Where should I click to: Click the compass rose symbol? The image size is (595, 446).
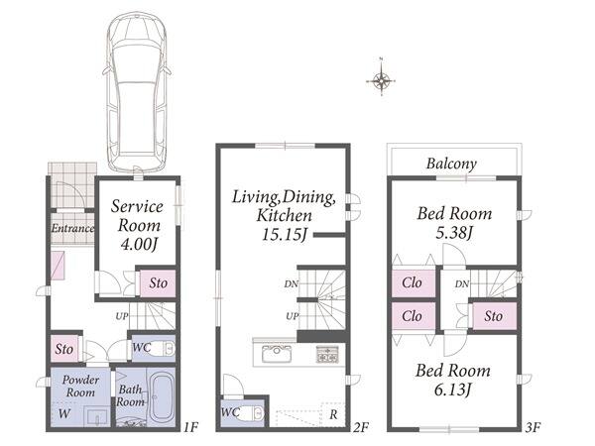pos(381,80)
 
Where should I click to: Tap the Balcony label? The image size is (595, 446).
pos(451,164)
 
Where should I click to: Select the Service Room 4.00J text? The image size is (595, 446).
pos(138,225)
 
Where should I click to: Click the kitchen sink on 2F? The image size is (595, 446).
pos(277,354)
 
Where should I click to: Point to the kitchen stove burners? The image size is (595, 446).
pos(326,354)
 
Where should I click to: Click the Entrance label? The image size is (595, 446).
pos(72,228)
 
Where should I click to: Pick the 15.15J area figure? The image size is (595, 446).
pos(285,234)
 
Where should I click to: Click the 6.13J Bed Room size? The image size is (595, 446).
pos(453,390)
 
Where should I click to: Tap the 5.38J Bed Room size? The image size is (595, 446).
pos(454,233)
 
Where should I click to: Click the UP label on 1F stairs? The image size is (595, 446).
pos(122,315)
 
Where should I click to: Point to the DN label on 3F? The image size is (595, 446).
pos(462,283)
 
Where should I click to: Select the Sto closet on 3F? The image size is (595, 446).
pos(494,316)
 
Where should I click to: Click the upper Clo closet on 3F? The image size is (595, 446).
pos(413,282)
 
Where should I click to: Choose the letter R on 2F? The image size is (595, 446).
pos(333,414)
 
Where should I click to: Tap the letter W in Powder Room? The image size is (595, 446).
pos(64,413)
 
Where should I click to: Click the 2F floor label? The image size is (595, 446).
pos(361,427)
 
